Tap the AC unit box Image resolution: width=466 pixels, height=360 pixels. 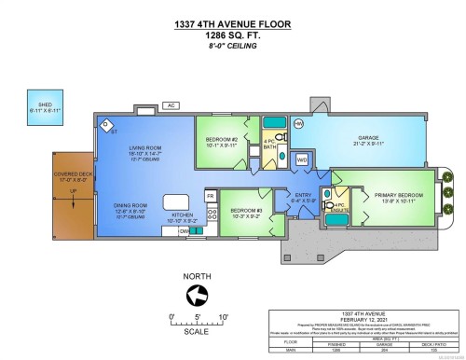[x=171, y=105]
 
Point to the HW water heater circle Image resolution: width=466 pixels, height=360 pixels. [x=298, y=123]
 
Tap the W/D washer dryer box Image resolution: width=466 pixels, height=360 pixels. [x=302, y=159]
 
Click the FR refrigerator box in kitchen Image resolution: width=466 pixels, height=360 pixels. [x=210, y=198]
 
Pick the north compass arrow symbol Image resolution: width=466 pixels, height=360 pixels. [x=197, y=296]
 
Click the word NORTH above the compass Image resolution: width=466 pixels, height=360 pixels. [x=197, y=277]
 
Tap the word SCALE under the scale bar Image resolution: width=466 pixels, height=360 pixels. [x=197, y=330]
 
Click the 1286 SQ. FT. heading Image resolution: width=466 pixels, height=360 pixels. [x=233, y=35]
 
